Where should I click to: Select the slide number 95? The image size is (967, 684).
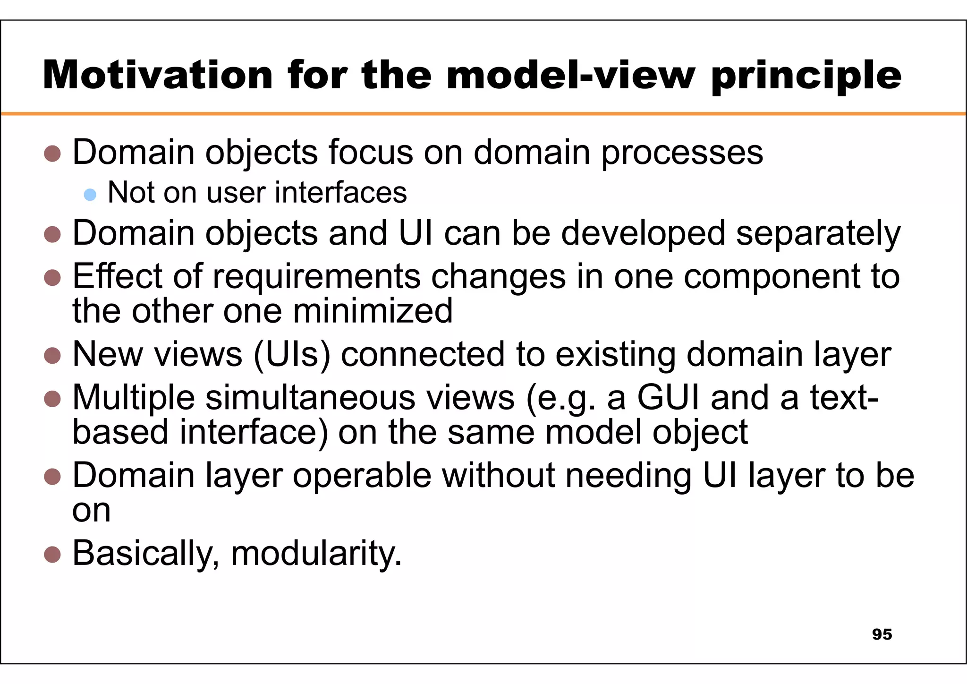click(x=882, y=634)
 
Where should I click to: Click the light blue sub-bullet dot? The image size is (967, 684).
click(x=90, y=194)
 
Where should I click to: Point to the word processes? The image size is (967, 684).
click(x=682, y=153)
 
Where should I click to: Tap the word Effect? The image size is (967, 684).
click(x=117, y=276)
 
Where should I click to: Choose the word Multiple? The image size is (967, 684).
click(x=134, y=398)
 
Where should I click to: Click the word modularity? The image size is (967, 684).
click(x=316, y=554)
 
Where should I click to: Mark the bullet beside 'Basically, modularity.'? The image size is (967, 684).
click(x=52, y=555)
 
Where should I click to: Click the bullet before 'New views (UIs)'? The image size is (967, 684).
click(x=52, y=355)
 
